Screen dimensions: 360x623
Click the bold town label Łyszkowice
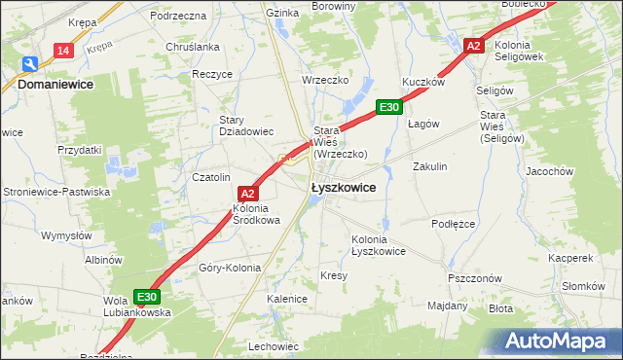(343, 189)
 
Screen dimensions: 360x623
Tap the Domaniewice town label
(61, 85)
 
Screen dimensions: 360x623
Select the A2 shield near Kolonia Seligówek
(473, 46)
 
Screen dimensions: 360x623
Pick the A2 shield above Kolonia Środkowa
(247, 193)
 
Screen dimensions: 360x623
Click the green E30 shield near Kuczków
(388, 107)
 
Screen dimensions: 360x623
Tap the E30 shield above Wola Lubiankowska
(146, 297)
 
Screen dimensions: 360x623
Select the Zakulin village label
(429, 166)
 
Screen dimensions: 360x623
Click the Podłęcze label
(452, 223)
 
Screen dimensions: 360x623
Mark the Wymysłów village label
(65, 235)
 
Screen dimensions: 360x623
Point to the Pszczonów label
(474, 277)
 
